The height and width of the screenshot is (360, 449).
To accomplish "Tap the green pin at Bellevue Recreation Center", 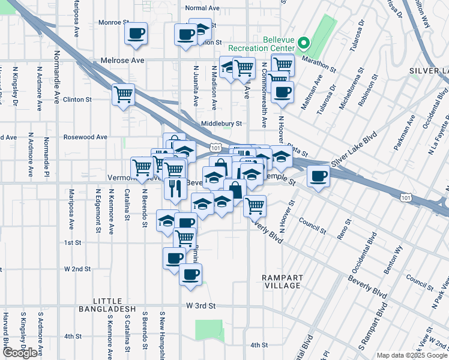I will tap(304, 43).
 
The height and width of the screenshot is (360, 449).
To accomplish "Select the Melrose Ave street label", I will tap(122, 61).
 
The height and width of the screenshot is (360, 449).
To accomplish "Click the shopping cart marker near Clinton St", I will tap(123, 95).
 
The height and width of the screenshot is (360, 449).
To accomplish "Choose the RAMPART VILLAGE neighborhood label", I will tap(281, 281).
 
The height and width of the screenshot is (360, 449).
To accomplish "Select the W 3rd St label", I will tap(200, 305).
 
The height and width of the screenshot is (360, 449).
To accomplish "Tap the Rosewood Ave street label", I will tap(85, 137).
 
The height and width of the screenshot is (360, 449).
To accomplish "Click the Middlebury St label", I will tap(221, 124).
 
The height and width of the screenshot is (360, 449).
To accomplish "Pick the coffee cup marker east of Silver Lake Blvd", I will tap(318, 176).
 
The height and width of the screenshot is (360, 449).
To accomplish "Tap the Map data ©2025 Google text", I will tap(412, 355).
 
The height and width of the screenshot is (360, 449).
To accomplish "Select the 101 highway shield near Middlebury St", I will tap(215, 147).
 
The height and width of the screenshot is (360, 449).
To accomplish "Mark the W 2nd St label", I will tap(77, 269).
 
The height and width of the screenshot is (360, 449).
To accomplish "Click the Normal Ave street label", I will tap(203, 8).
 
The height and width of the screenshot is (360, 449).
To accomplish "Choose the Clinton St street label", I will tap(77, 100).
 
